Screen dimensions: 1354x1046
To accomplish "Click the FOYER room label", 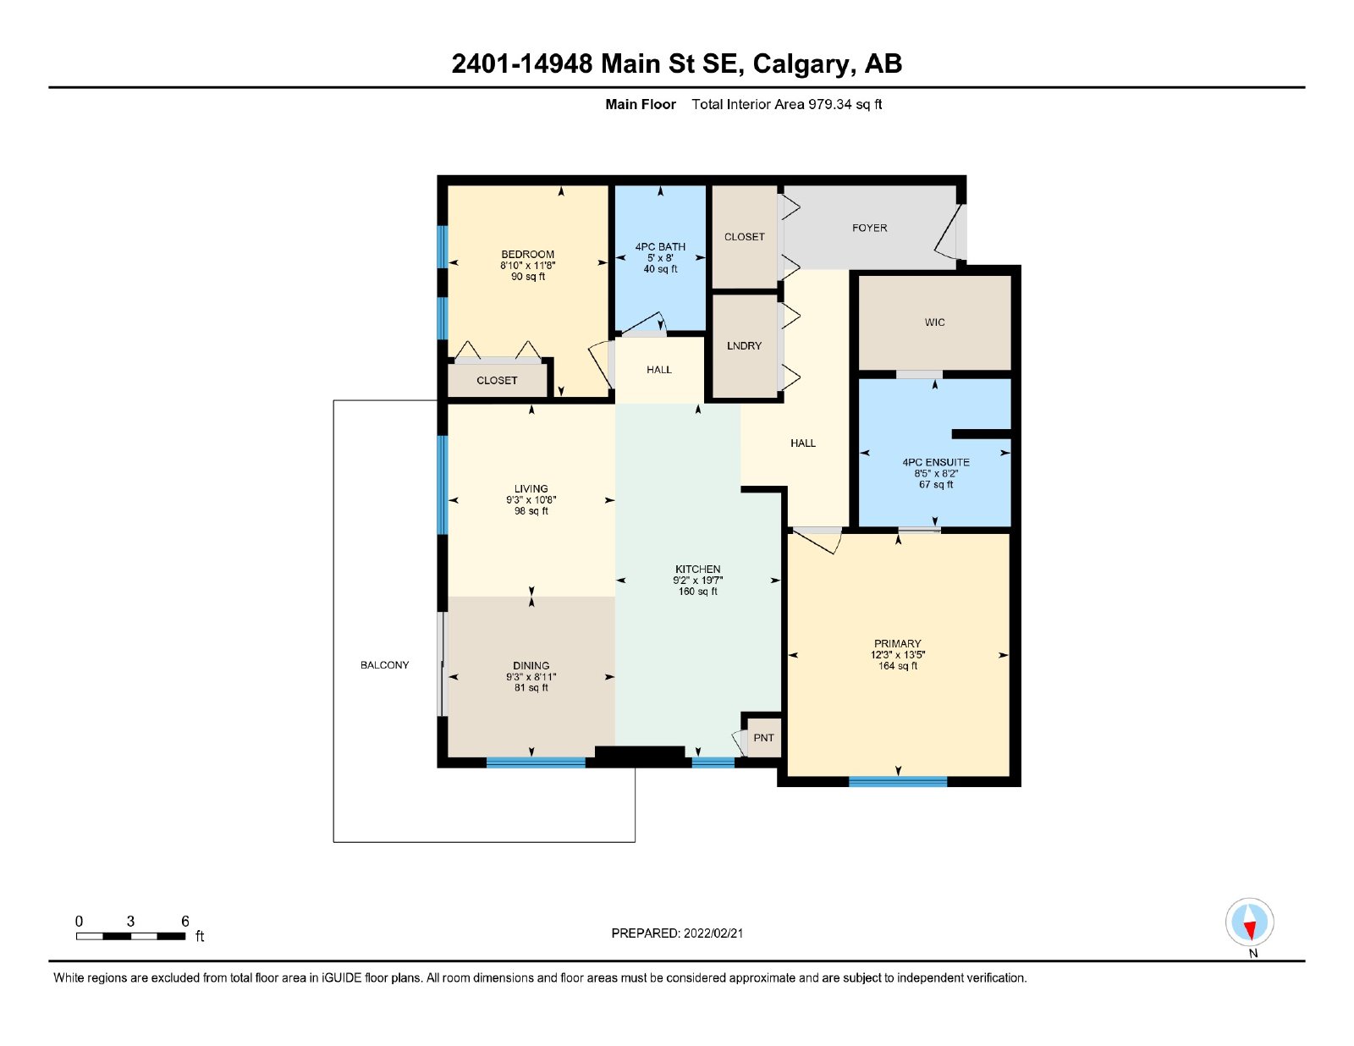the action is click(x=869, y=228).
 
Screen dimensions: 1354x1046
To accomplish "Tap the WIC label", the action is click(x=934, y=322).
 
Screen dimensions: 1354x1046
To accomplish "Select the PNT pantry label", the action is click(x=763, y=738).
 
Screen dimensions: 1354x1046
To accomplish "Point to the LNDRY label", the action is click(x=744, y=346).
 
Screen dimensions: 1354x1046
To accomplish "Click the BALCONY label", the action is click(x=384, y=664).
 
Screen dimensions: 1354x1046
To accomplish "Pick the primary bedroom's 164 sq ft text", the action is click(x=897, y=666).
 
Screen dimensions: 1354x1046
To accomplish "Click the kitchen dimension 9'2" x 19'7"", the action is click(x=697, y=580).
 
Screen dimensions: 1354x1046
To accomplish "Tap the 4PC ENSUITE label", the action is click(x=935, y=462).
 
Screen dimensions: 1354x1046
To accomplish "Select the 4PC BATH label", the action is click(x=660, y=247).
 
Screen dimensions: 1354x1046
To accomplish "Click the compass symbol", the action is click(x=1249, y=922).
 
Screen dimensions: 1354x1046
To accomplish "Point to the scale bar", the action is click(x=131, y=936).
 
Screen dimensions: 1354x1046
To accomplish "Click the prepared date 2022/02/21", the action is click(x=713, y=933).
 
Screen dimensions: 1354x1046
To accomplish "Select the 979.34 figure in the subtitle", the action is click(x=829, y=105).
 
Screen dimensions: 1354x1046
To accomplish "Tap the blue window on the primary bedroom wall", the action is click(x=898, y=781).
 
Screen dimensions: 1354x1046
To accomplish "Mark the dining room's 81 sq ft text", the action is click(x=531, y=688).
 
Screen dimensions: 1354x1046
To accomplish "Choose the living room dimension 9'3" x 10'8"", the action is click(x=531, y=499).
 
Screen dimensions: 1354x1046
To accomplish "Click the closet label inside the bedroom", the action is click(x=497, y=380).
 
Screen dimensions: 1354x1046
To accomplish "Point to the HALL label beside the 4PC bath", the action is click(x=658, y=370).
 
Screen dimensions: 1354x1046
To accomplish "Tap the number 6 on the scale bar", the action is click(x=185, y=922).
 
